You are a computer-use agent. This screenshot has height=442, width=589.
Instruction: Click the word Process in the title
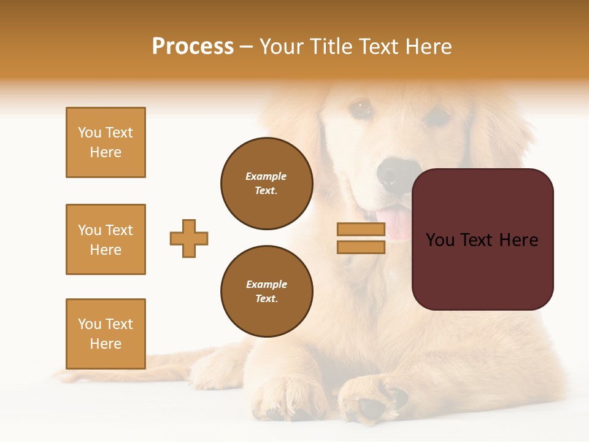pos(193,47)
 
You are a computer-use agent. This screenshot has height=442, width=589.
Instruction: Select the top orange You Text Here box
pos(106,142)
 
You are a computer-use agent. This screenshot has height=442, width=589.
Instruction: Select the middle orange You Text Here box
pos(106,239)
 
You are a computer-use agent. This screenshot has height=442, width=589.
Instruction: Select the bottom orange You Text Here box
pos(106,333)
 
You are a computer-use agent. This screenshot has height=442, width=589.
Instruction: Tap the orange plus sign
pos(189,238)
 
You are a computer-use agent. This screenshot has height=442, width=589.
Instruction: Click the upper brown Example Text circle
pos(266,184)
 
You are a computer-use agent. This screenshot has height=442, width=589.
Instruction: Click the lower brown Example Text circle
pos(266,291)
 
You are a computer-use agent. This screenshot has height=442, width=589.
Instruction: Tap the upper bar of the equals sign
pos(361,230)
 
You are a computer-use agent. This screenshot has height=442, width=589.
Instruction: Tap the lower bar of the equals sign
pos(361,247)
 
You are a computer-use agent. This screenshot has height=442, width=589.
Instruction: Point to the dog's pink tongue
pos(398,223)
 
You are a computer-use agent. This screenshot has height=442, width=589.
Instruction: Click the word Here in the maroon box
pos(518,240)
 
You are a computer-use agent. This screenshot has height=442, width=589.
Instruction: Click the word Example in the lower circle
pos(266,284)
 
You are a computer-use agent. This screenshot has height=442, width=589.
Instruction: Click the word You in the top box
pos(89,133)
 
